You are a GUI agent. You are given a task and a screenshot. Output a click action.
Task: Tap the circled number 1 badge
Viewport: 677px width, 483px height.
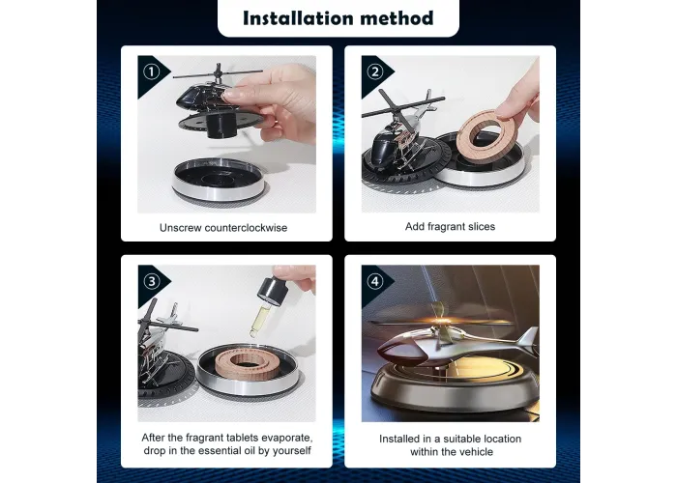[152, 71]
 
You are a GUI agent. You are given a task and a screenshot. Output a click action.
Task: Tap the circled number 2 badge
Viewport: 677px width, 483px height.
[375, 71]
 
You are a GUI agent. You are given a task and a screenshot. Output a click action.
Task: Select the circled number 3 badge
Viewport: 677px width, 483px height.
[152, 282]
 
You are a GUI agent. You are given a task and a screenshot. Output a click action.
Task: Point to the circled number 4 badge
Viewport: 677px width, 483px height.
[375, 282]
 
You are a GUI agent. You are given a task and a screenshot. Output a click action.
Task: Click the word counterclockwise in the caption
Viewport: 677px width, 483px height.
[246, 228]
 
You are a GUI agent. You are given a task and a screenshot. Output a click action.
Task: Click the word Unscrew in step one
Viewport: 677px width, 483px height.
[180, 228]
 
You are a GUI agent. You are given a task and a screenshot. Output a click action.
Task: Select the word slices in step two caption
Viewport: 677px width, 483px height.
[480, 226]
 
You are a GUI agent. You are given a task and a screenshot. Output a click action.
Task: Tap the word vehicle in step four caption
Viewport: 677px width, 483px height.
[476, 452]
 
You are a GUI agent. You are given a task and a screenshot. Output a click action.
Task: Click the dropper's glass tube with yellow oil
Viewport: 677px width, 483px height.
[258, 320]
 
